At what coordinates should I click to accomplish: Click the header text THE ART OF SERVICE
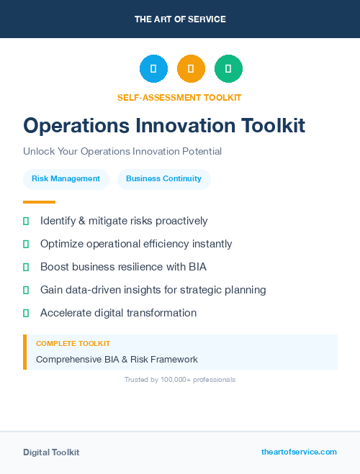pos(180,19)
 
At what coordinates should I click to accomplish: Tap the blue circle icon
pos(153,69)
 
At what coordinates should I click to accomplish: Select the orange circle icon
pos(191,69)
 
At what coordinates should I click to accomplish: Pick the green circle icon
pos(228,69)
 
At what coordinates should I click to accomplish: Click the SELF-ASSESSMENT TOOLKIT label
pos(179,97)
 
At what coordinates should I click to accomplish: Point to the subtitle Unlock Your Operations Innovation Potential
pos(122,152)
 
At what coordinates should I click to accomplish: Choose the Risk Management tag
pos(66,179)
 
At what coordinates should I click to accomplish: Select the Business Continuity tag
pos(163,179)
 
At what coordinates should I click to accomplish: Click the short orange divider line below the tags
pos(39,202)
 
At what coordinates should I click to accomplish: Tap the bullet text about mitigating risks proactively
pos(124,221)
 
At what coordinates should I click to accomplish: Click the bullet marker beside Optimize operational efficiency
pos(26,244)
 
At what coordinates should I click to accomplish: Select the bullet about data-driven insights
pos(153,290)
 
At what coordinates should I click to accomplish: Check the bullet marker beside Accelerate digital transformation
pos(26,313)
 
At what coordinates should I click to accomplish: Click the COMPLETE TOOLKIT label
pos(73,344)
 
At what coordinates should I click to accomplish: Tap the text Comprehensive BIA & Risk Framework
pos(117,359)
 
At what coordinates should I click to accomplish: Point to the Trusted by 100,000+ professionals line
pos(180,379)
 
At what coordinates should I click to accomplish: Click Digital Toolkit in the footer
pos(51,452)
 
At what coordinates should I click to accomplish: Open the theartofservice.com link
pos(299,452)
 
